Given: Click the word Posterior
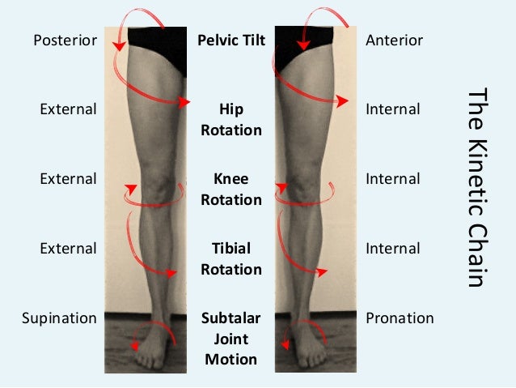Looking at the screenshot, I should pos(66,40).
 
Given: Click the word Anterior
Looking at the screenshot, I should pos(395,40).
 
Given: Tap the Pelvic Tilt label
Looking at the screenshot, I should pos(231,40).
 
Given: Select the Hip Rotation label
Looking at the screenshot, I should pos(231,119).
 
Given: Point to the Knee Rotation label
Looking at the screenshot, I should pos(231,189).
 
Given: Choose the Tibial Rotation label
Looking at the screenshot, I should pos(231,258).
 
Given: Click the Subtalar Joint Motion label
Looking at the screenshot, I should pos(231,339).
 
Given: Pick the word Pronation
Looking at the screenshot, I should pos(400,318).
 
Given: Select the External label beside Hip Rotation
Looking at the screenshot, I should pos(69,109).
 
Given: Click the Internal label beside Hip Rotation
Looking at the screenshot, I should pos(393,109).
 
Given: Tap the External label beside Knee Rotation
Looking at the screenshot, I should pos(69,179).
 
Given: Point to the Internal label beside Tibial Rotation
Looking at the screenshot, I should pos(393,249).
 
